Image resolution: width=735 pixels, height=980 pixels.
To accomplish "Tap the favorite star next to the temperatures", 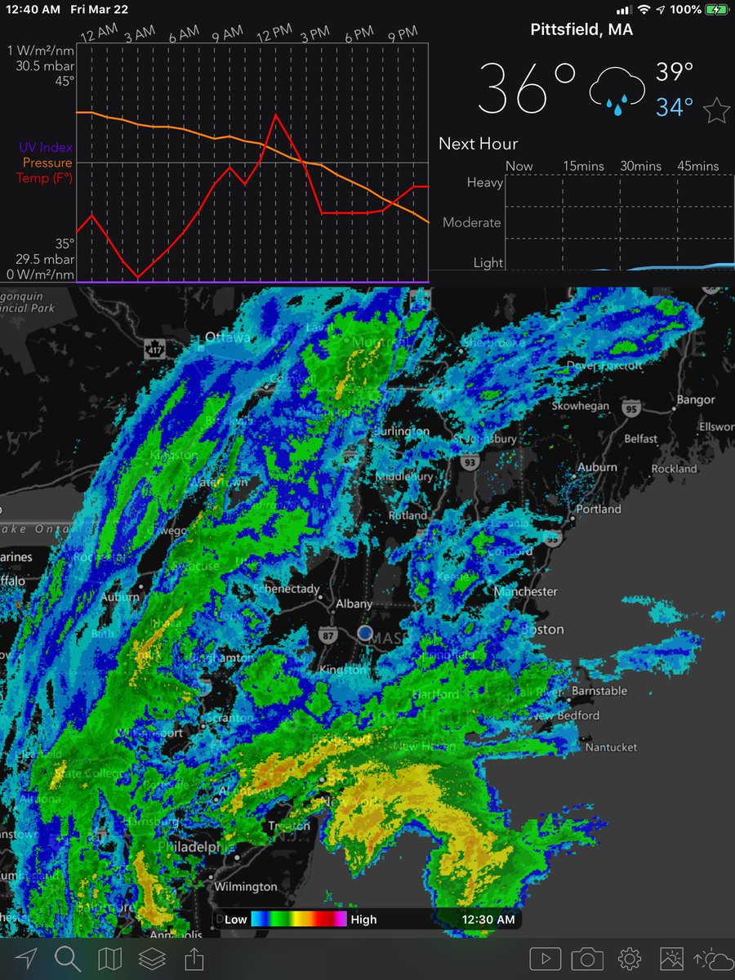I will (x=716, y=109).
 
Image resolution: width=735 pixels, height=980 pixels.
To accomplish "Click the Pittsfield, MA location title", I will (x=581, y=30).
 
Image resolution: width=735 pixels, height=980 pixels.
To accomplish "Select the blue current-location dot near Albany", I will (x=365, y=633).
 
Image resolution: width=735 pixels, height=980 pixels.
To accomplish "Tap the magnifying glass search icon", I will (x=67, y=957).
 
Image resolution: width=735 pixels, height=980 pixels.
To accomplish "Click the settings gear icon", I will (x=629, y=958).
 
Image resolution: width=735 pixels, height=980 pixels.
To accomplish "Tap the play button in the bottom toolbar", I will (x=545, y=958).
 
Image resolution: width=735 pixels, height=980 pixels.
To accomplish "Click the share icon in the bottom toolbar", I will (x=194, y=957).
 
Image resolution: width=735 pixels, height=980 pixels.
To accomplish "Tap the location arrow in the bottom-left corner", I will (x=25, y=957).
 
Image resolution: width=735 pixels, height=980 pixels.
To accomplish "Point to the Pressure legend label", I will (x=47, y=163).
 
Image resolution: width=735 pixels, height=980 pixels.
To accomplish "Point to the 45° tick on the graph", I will (x=65, y=80).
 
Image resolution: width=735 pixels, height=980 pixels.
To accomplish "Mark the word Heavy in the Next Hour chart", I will (x=484, y=182).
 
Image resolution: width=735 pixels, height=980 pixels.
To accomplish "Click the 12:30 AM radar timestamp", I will (x=488, y=920).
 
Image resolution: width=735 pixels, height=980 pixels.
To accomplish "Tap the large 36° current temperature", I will (x=527, y=87).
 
